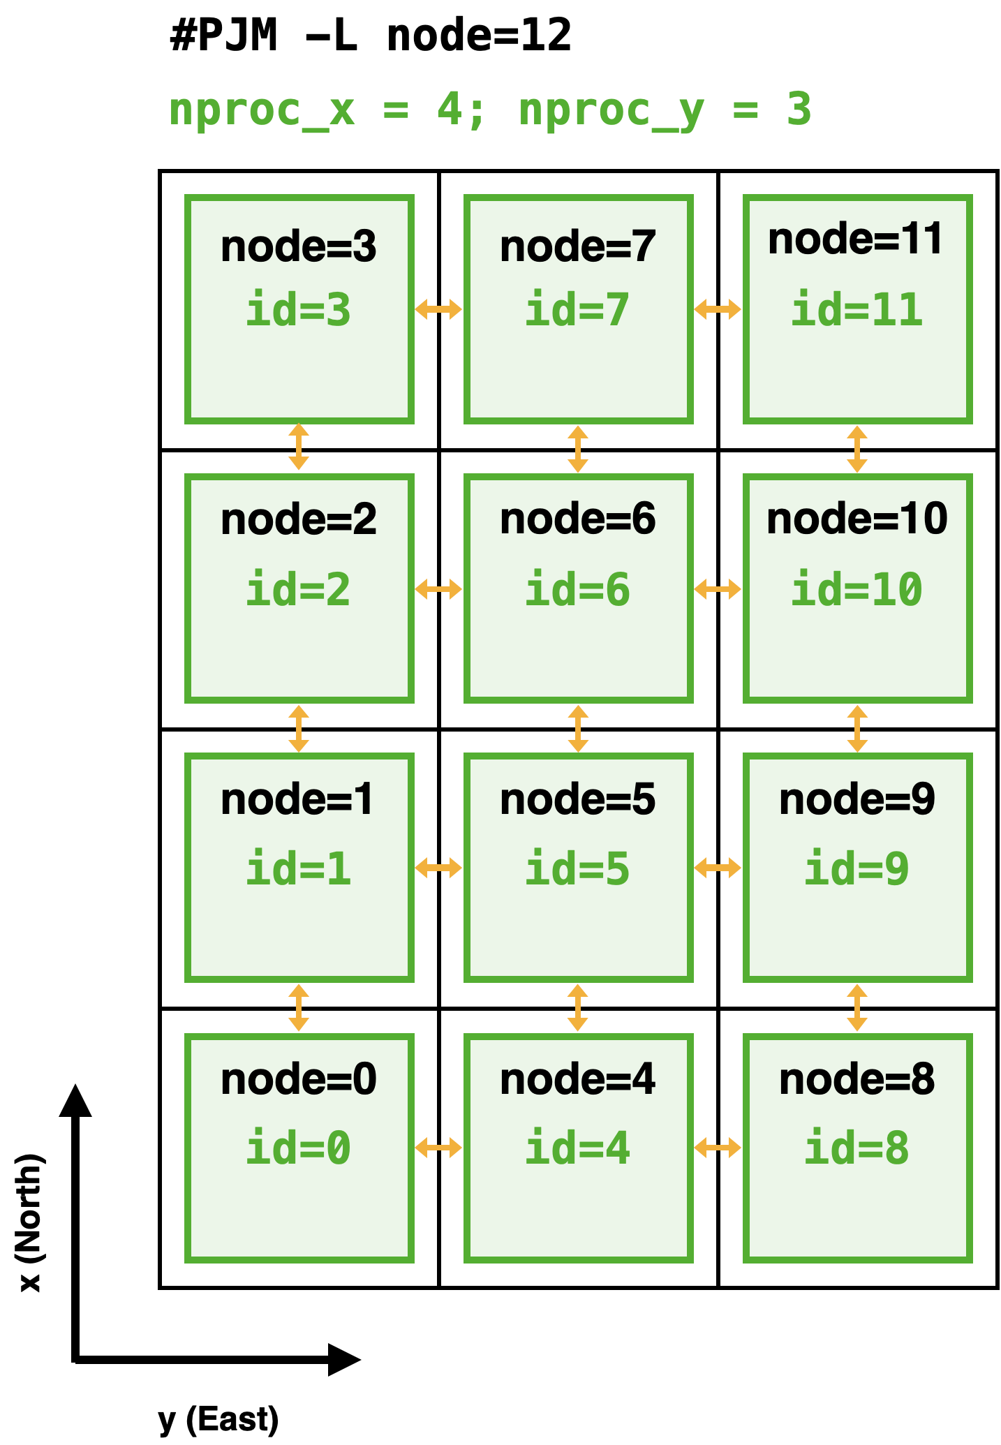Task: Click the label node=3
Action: point(299,247)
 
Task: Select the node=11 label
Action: point(856,239)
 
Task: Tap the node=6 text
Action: point(578,519)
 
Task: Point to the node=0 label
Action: point(299,1079)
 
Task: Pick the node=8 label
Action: point(857,1079)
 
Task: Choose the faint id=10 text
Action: point(857,590)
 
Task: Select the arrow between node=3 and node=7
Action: point(438,309)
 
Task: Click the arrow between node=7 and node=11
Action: point(718,309)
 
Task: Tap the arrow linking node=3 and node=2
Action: point(299,447)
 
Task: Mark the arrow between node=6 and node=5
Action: point(578,729)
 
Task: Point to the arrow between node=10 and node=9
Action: point(857,729)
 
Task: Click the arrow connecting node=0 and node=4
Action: point(438,1148)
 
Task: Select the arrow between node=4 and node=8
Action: point(718,1148)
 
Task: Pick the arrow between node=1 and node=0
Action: point(299,1008)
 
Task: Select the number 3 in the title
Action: point(799,110)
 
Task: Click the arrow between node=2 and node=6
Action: point(438,589)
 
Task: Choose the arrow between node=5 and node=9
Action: point(718,868)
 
